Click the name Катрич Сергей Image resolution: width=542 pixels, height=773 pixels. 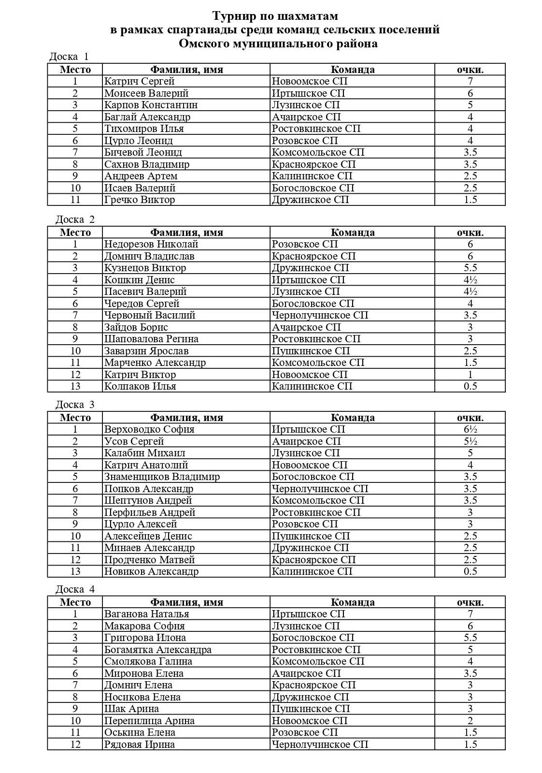click(139, 81)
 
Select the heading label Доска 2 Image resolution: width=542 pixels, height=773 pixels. click(75, 219)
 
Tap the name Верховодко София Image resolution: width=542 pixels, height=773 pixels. click(149, 429)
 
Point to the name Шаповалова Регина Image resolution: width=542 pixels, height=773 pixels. click(151, 339)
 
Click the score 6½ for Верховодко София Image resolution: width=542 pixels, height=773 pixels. click(470, 429)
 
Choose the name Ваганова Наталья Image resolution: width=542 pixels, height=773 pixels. click(146, 614)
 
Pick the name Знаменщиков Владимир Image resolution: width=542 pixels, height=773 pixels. click(162, 477)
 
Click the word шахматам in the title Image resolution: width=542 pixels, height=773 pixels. click(308, 16)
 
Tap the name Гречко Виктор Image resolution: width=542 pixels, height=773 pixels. click(140, 200)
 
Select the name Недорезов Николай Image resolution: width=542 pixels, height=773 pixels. click(151, 244)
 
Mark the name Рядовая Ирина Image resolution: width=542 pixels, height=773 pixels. click(140, 744)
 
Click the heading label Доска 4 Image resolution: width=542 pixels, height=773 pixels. click(75, 589)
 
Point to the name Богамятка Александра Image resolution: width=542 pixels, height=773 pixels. click(158, 650)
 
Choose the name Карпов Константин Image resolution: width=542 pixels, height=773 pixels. click(151, 105)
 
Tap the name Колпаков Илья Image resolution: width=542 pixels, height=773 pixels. click(140, 386)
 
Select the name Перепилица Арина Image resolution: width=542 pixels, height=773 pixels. click(149, 721)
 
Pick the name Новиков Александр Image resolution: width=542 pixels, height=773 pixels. click(151, 571)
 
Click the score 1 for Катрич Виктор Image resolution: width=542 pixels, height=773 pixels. click(470, 375)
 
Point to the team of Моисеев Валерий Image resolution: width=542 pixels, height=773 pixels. click(308, 93)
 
